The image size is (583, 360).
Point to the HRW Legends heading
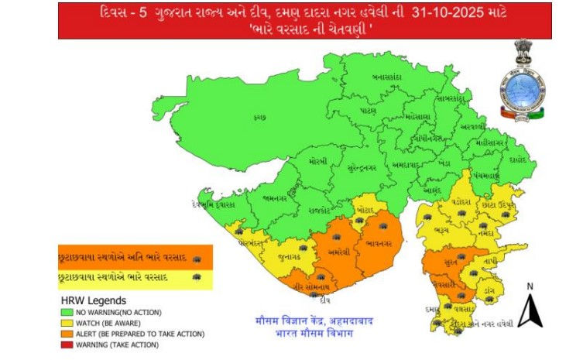(94, 300)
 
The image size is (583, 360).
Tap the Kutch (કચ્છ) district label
(259, 118)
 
